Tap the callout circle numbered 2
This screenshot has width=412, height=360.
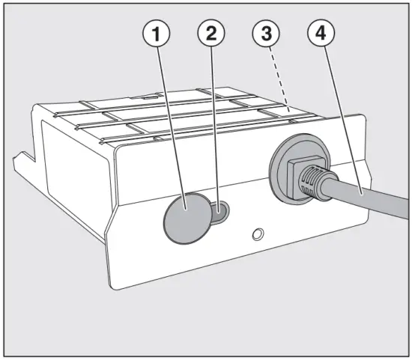[211, 34]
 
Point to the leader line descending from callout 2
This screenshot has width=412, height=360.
[215, 127]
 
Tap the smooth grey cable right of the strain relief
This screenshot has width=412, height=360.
[375, 203]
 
